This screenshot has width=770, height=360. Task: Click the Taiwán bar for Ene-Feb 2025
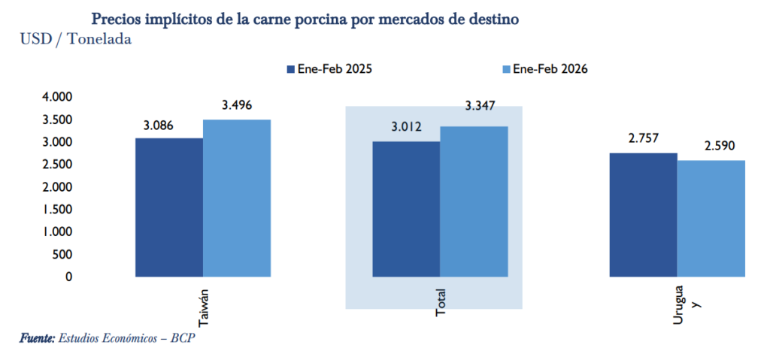169,207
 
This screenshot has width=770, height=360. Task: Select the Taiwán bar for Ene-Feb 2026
237,198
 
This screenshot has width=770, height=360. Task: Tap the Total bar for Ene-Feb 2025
406,209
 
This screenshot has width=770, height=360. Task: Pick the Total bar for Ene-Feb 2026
474,201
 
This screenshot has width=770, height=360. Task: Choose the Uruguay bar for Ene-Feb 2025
643,215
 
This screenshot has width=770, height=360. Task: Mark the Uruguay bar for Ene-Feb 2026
711,219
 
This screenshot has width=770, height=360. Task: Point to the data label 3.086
157,126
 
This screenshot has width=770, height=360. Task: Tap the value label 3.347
481,106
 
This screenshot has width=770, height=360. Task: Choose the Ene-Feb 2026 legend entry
544,69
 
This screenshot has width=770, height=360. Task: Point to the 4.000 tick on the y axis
56,97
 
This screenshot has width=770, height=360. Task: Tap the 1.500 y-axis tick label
56,209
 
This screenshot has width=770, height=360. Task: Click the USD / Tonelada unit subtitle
76,39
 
